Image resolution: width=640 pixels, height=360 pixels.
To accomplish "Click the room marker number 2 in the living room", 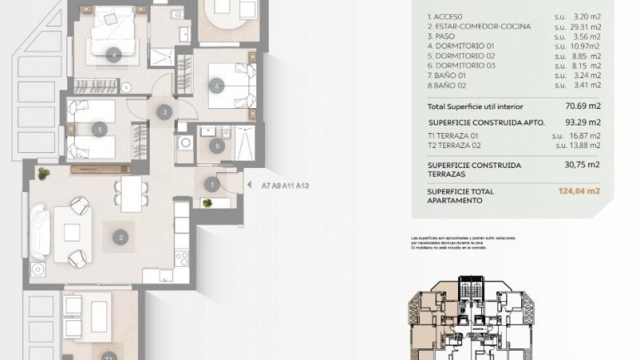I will coord(121,238).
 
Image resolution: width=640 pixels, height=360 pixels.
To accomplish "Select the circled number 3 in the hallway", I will coord(165,112).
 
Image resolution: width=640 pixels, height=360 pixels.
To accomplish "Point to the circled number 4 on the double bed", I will coord(114,56).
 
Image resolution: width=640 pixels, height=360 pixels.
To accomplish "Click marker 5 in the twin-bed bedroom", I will coord(100,129).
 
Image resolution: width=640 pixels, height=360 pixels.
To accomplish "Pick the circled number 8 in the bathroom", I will coord(218,145).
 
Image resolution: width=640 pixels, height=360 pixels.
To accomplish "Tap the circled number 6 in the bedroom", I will coord(217,85).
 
